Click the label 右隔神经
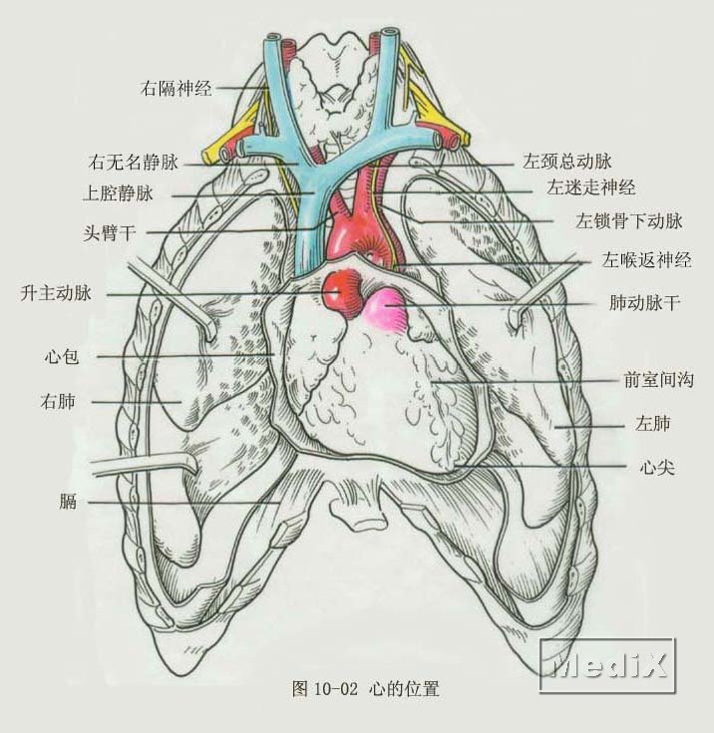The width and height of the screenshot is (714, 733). coord(176,88)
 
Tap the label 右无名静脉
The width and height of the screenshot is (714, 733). coord(134,163)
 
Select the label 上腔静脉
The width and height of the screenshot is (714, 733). coord(118,193)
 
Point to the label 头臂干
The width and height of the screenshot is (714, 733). coord(110,232)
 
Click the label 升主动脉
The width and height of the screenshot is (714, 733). coord(56,293)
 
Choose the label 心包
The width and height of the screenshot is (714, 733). coord(61,357)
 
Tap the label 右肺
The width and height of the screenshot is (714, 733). coord(58,401)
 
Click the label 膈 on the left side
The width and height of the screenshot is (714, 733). coord(68,502)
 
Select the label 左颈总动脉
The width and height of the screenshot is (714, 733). coord(567,162)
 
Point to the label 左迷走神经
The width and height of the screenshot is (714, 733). coord(591,187)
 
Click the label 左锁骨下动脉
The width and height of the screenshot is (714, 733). coord(629,220)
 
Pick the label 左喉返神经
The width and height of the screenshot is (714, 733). coord(646,260)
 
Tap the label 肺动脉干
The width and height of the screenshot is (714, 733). coord(644,302)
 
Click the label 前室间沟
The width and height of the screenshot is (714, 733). coord(659,380)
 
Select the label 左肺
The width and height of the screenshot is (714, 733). coord(653,423)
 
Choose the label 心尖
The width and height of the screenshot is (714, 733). coord(657,467)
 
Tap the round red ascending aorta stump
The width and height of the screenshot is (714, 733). coord(344,291)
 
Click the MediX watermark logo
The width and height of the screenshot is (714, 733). coord(608,665)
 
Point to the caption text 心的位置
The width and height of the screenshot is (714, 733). coord(404,688)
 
